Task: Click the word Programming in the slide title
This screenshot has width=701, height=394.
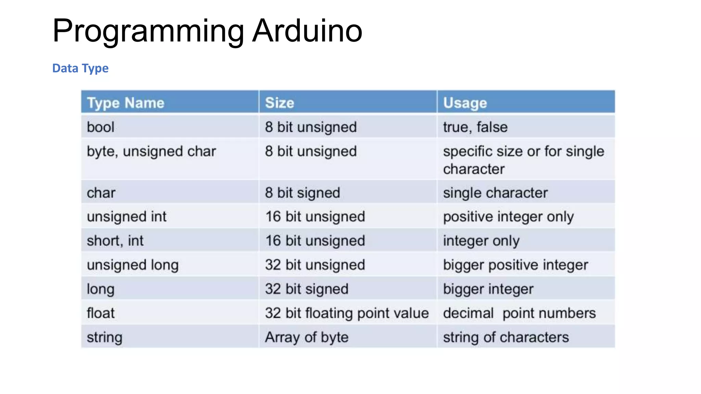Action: click(x=148, y=31)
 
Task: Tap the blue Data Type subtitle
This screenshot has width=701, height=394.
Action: click(x=80, y=68)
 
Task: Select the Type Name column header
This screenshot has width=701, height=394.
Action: click(x=126, y=103)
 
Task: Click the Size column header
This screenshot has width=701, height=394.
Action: click(x=279, y=103)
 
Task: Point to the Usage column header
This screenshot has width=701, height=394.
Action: click(x=465, y=103)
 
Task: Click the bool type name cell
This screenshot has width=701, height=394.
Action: click(x=101, y=127)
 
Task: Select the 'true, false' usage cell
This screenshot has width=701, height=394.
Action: click(x=475, y=127)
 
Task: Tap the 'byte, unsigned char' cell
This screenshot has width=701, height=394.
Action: click(x=151, y=152)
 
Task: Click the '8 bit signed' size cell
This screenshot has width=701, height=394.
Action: click(x=302, y=193)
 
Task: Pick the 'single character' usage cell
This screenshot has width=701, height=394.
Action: click(x=495, y=193)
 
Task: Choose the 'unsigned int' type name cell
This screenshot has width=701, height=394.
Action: click(x=127, y=217)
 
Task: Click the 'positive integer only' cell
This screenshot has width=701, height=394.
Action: click(x=508, y=217)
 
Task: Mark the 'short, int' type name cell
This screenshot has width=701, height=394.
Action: click(x=115, y=241)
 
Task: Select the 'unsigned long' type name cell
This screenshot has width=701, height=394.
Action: click(x=133, y=265)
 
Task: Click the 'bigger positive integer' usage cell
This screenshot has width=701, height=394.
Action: click(x=515, y=265)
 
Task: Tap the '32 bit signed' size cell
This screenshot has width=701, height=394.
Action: click(x=307, y=289)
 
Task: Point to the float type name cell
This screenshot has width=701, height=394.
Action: click(x=101, y=313)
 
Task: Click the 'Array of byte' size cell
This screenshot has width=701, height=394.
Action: click(x=307, y=338)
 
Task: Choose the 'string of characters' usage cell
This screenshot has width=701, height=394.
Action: click(x=506, y=338)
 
